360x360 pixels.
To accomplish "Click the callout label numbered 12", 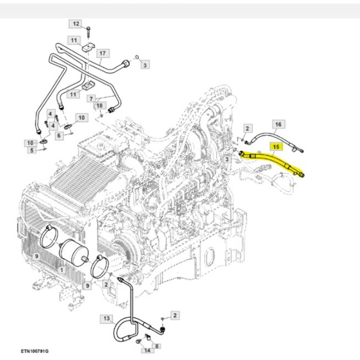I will tap(76, 24).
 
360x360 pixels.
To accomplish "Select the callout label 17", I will tap(102, 53).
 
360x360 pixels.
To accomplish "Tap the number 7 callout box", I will tap(91, 98).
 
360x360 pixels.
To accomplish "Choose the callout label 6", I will tap(59, 136).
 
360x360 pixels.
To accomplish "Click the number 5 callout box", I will tap(32, 150).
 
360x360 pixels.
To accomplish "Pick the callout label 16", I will tap(278, 124).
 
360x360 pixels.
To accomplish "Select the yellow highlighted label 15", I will tap(276, 147).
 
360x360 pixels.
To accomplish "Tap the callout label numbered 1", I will tap(61, 269).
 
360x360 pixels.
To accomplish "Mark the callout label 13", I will tap(106, 319).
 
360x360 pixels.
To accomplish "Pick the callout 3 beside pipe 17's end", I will tap(146, 65).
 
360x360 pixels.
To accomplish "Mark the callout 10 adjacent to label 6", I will tap(81, 118).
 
